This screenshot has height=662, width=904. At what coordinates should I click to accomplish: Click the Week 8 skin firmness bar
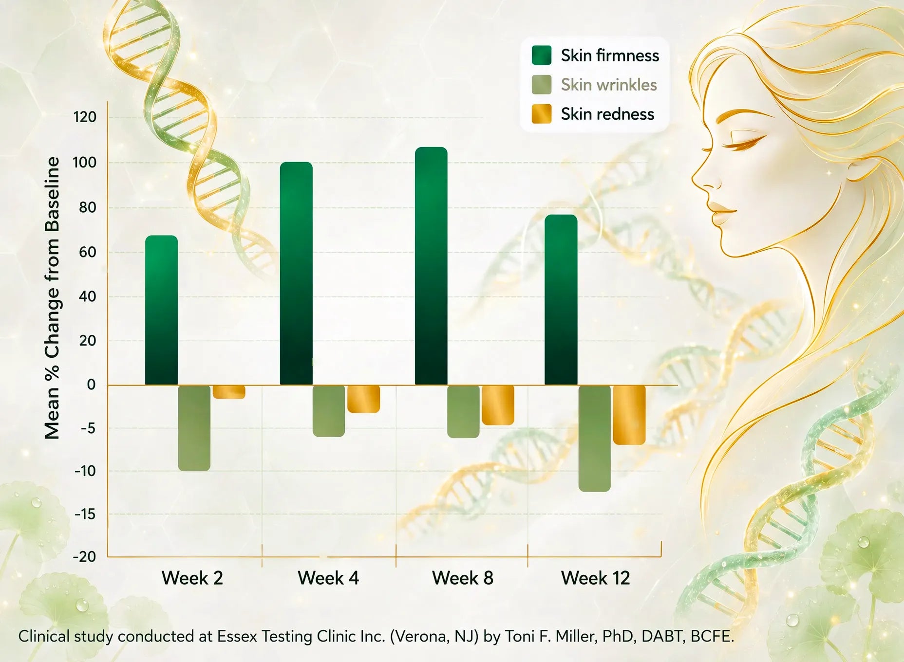[431, 266]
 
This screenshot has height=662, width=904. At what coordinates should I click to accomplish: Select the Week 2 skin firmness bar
[161, 310]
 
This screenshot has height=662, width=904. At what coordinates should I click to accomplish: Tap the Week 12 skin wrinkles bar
[594, 438]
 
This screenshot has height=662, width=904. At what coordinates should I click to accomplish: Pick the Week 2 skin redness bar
[229, 392]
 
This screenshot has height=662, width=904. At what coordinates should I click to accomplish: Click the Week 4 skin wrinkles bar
[329, 411]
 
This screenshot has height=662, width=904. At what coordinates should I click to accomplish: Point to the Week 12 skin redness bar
[629, 415]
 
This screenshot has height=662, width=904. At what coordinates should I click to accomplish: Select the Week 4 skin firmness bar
[296, 274]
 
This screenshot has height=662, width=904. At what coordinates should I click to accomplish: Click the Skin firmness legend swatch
[542, 55]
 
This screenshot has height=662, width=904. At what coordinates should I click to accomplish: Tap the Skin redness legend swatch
[542, 114]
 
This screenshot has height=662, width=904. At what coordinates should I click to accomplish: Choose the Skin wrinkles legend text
[609, 85]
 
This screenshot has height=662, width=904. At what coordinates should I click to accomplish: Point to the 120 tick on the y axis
[85, 117]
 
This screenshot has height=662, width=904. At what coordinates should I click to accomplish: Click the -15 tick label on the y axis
[85, 514]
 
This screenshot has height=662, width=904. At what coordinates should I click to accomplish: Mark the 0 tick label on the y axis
[91, 385]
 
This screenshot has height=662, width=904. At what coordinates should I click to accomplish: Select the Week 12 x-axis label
[595, 578]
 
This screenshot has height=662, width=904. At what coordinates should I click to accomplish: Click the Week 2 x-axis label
[192, 578]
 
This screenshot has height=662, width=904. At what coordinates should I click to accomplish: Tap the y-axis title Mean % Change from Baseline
[52, 298]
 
